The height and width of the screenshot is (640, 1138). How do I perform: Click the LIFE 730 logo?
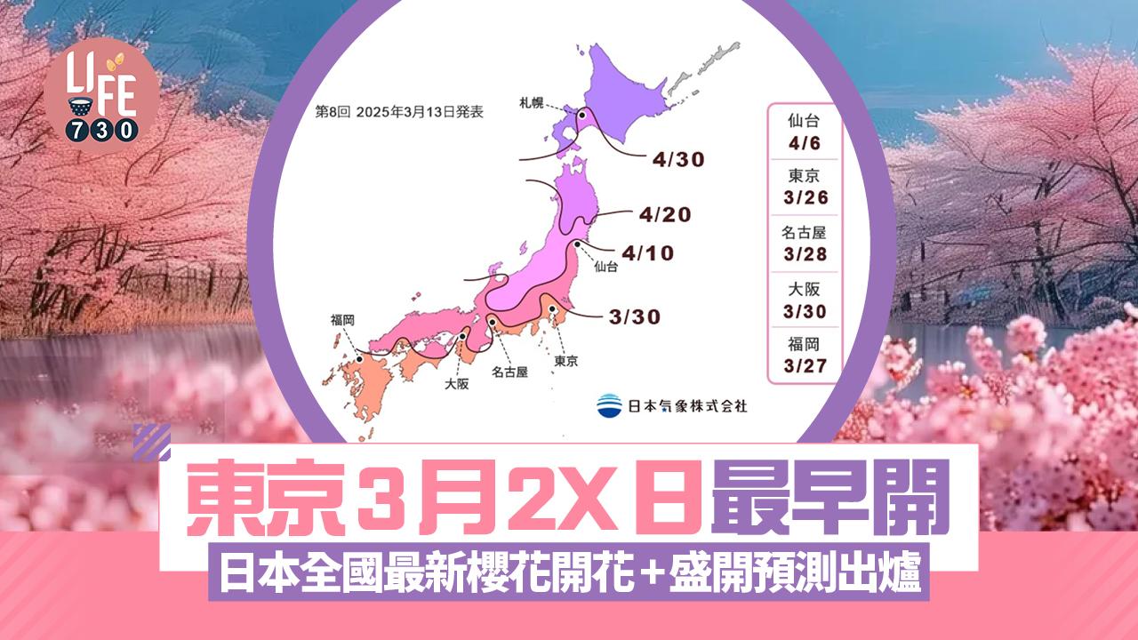(102, 97)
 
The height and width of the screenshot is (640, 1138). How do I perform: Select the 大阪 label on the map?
(458, 385)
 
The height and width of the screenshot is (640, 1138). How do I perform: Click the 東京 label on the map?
(565, 361)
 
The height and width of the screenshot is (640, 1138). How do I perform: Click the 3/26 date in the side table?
(802, 197)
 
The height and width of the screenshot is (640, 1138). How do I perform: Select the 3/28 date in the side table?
(802, 254)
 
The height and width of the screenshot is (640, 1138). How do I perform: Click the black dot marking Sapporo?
(581, 115)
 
